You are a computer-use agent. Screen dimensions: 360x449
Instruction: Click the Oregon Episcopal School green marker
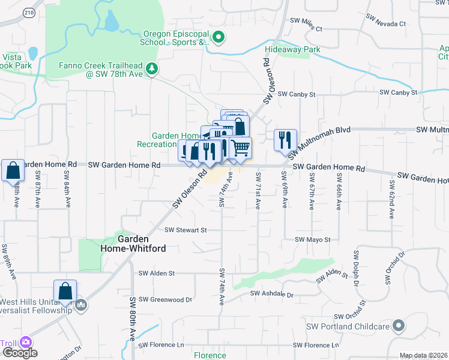pos(218,38)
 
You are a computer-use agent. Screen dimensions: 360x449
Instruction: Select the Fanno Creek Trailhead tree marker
pos(152,70)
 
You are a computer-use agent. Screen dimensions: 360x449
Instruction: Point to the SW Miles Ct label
pos(306,28)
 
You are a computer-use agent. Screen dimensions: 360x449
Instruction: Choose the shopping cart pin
pos(240,147)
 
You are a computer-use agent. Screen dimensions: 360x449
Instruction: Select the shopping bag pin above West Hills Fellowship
pos(65,291)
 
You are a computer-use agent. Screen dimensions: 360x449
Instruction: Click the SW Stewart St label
pos(185,230)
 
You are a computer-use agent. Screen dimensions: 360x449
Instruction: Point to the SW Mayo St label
pos(313,239)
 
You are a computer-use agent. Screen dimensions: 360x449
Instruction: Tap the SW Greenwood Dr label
pos(165,299)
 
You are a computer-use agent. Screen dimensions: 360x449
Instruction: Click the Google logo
pos(19,352)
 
